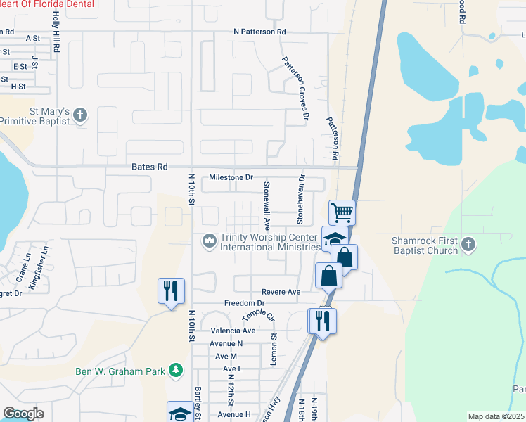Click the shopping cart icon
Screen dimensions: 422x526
coord(342,211)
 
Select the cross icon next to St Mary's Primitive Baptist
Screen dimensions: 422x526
coord(80,115)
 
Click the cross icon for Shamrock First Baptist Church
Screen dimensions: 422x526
coord(469,245)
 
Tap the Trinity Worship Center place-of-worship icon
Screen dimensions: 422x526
coord(209,241)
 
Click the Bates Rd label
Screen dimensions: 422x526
coord(149,167)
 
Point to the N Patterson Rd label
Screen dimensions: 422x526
coord(260,32)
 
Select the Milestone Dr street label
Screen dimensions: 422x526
coord(231,177)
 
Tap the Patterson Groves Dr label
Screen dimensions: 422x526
coord(296,87)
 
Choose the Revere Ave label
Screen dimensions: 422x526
coord(281,291)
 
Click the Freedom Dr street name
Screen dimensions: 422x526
coord(224,303)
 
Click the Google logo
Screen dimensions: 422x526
coord(23,414)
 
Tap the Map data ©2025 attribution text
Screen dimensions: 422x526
coord(496,416)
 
